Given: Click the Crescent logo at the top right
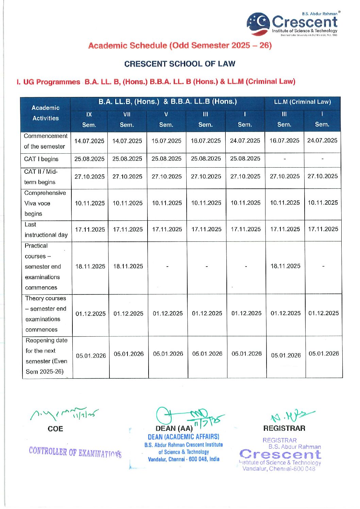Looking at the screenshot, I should click(292, 24).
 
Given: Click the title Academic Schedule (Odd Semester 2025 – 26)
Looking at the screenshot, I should click(180, 46).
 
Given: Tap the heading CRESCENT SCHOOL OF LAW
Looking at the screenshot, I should click(179, 64).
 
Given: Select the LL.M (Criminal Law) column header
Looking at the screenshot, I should click(302, 102).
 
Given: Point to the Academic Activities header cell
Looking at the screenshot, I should click(46, 113).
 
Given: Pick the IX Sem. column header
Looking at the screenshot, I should click(89, 120).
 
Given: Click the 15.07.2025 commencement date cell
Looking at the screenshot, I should click(166, 141).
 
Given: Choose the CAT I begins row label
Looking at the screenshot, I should click(41, 159).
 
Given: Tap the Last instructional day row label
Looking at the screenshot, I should click(46, 230).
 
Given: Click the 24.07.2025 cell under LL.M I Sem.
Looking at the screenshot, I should click(322, 140).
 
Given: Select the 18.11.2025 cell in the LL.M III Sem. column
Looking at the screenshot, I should click(285, 266).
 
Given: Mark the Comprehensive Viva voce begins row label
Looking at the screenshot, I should click(45, 203).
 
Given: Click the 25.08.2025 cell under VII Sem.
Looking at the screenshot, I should click(127, 159).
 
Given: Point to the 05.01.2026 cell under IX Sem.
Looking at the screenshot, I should click(91, 356).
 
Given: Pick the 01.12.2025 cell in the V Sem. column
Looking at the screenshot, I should click(168, 313).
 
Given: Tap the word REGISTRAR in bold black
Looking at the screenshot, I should click(284, 428).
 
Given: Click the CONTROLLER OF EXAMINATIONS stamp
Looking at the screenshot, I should click(75, 452).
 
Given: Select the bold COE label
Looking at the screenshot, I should click(55, 429).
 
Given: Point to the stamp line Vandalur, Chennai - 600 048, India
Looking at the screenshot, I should click(184, 459).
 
